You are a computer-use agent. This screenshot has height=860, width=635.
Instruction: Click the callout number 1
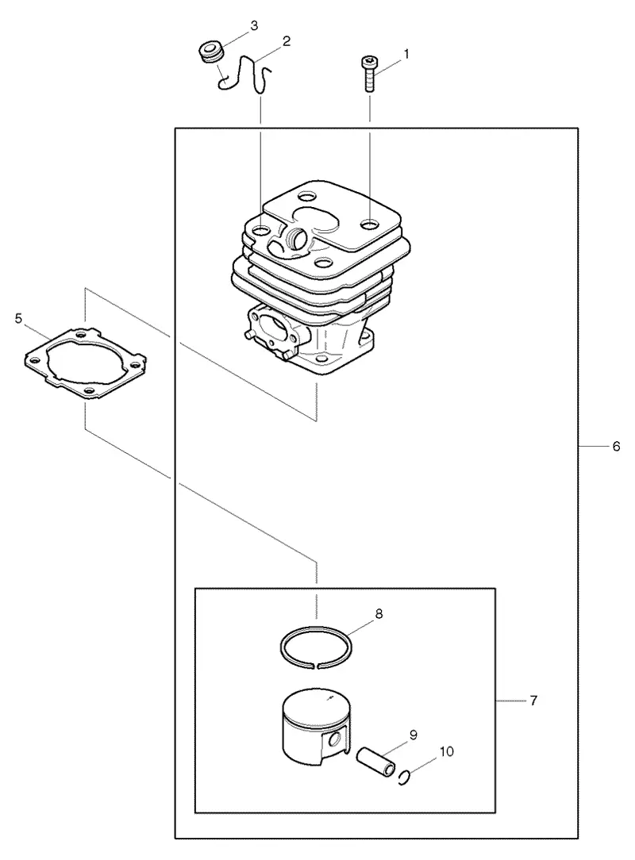coord(406,54)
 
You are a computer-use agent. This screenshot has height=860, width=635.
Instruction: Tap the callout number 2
coord(287,41)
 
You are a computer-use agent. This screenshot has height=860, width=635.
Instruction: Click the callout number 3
coord(254,25)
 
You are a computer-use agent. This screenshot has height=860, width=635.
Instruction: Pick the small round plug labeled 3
coord(211,52)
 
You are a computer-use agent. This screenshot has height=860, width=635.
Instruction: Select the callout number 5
coord(19,318)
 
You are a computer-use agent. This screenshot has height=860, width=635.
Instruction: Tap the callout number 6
coord(616,447)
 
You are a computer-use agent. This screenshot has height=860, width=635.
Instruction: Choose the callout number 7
coord(533,701)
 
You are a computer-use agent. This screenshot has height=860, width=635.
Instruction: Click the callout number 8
coord(379,614)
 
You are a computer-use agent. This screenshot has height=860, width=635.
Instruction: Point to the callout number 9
coord(414,735)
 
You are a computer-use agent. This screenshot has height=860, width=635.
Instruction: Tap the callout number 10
coord(447,751)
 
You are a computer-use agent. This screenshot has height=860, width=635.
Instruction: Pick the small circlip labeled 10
coord(403,777)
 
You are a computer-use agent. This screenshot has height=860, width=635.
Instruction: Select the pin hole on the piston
coord(333,740)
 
